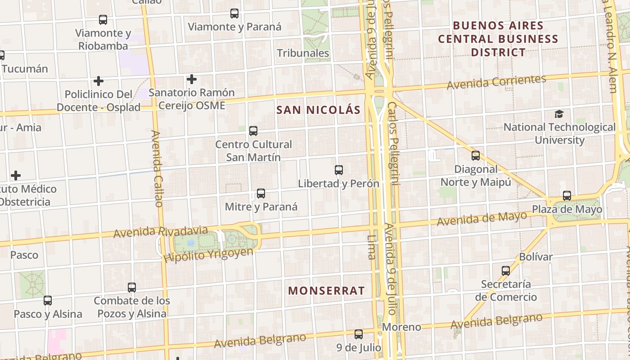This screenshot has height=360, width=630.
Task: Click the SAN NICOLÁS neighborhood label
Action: pyautogui.click(x=318, y=110)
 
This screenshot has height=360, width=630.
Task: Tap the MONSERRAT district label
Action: pyautogui.click(x=326, y=291)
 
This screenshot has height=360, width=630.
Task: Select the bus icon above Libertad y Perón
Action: pyautogui.click(x=339, y=170)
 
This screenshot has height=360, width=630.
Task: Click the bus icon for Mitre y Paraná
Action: pyautogui.click(x=261, y=193)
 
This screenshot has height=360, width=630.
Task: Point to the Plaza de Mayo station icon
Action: pyautogui.click(x=567, y=196)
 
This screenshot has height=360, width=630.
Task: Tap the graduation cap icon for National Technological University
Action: pyautogui.click(x=559, y=114)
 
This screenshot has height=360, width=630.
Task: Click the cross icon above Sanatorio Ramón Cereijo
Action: pyautogui.click(x=192, y=79)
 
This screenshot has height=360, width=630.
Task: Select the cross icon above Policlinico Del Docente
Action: pyautogui.click(x=99, y=81)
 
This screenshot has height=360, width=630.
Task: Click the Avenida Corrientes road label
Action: pyautogui.click(x=496, y=82)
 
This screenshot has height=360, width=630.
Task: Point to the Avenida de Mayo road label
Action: pyautogui.click(x=481, y=219)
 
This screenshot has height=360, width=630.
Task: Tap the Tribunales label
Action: pyautogui.click(x=303, y=53)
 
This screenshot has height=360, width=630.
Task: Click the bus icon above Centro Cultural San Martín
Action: pyautogui.click(x=253, y=131)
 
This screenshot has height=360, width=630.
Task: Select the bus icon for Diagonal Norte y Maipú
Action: pyautogui.click(x=476, y=156)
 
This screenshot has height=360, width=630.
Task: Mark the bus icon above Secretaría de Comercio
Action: pyautogui.click(x=506, y=270)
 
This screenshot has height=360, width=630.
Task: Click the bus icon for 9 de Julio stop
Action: pyautogui.click(x=359, y=334)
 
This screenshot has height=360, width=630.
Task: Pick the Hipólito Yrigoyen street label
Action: pyautogui.click(x=208, y=255)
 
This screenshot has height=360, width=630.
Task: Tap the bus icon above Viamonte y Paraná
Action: pyautogui.click(x=234, y=13)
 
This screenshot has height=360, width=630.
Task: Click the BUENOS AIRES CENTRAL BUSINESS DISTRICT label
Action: pyautogui.click(x=498, y=39)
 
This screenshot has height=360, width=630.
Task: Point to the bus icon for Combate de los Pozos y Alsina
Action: pyautogui.click(x=132, y=287)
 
